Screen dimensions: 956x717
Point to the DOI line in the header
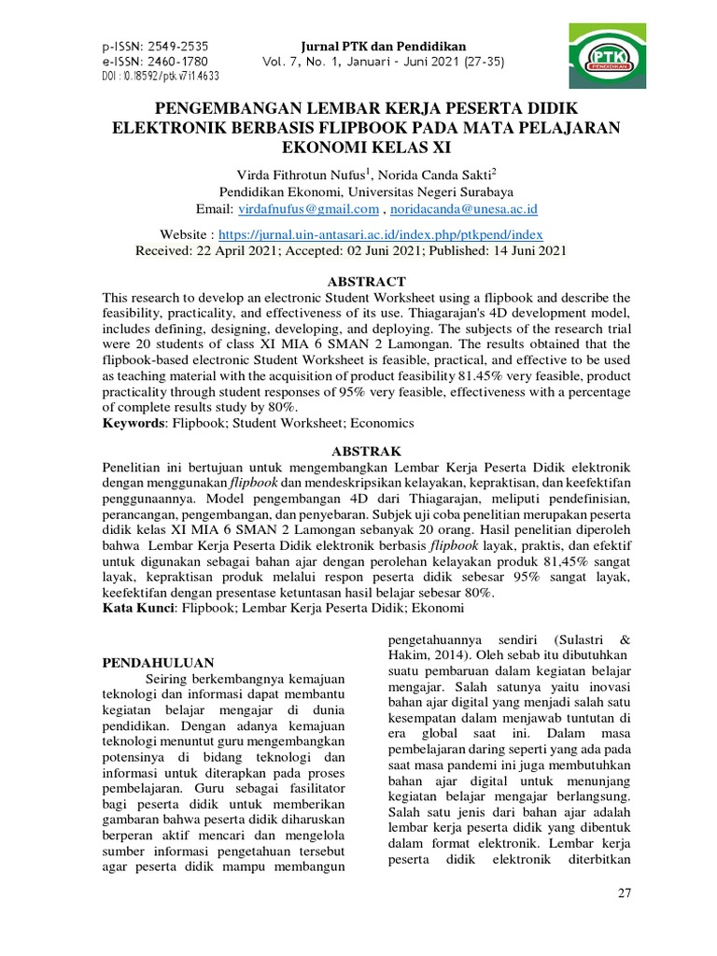point(160,77)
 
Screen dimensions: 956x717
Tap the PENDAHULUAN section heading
point(158,662)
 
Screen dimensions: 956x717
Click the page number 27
point(625,893)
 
